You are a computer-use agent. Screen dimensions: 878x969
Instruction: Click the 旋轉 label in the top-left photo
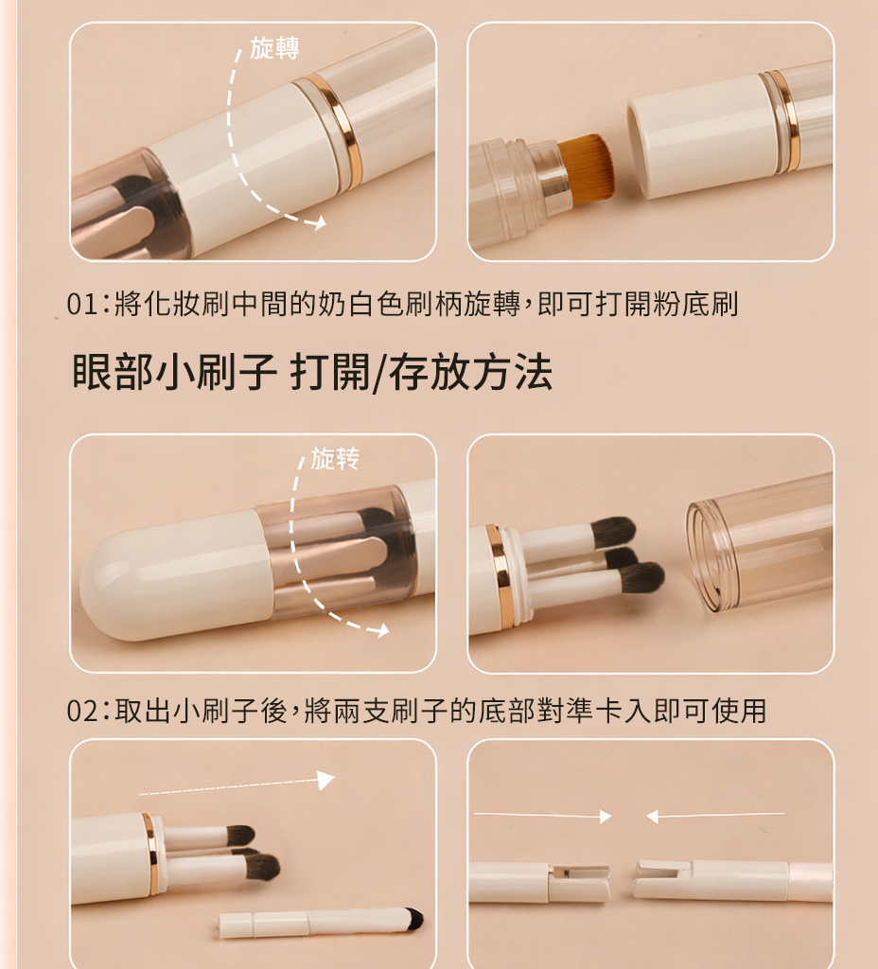(x=274, y=48)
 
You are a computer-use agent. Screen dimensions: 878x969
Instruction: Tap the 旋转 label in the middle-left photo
(x=334, y=459)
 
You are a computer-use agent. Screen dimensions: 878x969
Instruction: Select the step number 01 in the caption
(x=82, y=304)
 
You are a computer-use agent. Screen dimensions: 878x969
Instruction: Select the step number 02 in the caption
(x=82, y=711)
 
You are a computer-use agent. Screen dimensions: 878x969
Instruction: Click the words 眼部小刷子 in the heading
(x=174, y=372)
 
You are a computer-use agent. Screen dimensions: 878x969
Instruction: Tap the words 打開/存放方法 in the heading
(x=421, y=372)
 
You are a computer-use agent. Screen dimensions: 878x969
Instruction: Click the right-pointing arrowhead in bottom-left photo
(x=325, y=780)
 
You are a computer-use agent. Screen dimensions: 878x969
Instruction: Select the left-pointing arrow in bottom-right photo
(x=715, y=817)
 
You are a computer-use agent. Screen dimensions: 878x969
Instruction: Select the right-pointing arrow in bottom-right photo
(x=542, y=817)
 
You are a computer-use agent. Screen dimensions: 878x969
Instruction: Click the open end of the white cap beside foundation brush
(x=639, y=151)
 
